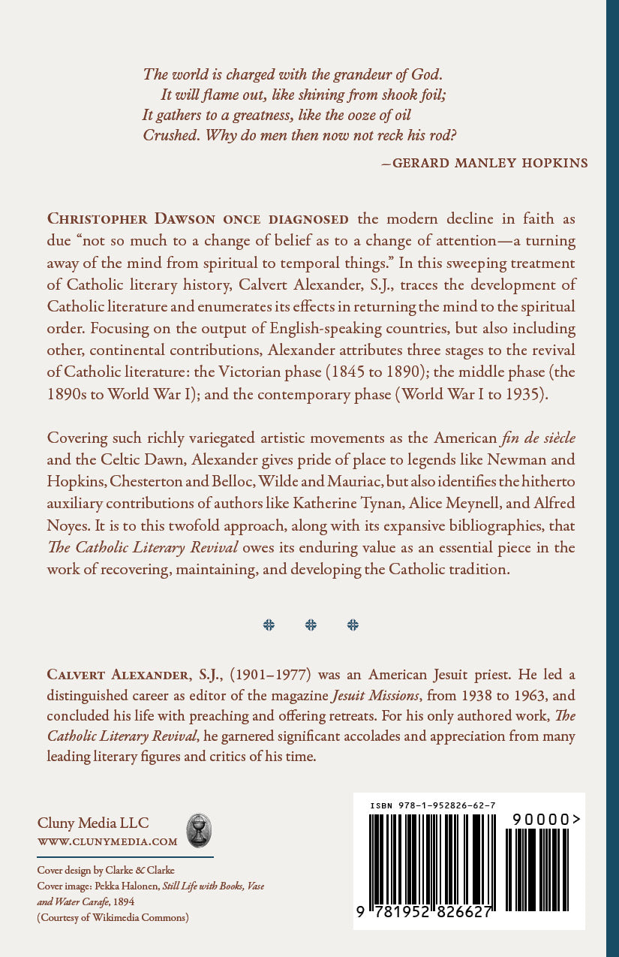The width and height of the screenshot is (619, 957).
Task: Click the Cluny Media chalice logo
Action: point(199,830)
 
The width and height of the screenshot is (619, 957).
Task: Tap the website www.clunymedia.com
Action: point(107,842)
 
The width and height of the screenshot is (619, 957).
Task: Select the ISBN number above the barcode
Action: point(432,805)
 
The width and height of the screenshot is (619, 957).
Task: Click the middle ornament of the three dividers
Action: point(311,624)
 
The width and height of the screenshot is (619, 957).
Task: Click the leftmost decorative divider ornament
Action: point(269,624)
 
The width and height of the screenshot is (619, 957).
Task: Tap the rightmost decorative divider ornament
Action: point(353,624)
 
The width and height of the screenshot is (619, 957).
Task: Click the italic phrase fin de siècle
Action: point(539,438)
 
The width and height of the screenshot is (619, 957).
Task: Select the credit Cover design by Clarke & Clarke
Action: point(106,871)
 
